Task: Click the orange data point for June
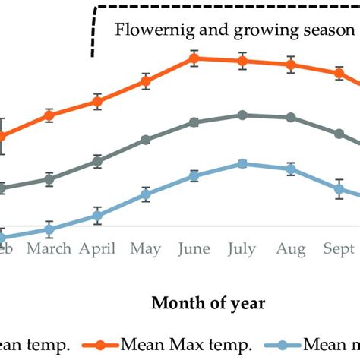pyautogui.click(x=194, y=58)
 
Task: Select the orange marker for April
pyautogui.click(x=97, y=102)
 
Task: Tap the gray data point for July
pyautogui.click(x=242, y=115)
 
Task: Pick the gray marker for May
pyautogui.click(x=146, y=140)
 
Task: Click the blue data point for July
pyautogui.click(x=242, y=163)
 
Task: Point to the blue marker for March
pyautogui.click(x=49, y=229)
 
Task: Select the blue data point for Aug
pyautogui.click(x=290, y=169)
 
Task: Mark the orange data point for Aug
pyautogui.click(x=290, y=65)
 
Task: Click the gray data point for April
pyautogui.click(x=97, y=161)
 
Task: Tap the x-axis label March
pyautogui.click(x=49, y=248)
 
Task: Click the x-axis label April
pyautogui.click(x=97, y=249)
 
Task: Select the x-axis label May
pyautogui.click(x=146, y=249)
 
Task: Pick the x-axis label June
pyautogui.click(x=194, y=249)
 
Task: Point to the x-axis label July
pyautogui.click(x=242, y=249)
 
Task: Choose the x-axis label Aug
pyautogui.click(x=290, y=249)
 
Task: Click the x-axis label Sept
pyautogui.click(x=339, y=249)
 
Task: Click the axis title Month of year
pyautogui.click(x=208, y=303)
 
